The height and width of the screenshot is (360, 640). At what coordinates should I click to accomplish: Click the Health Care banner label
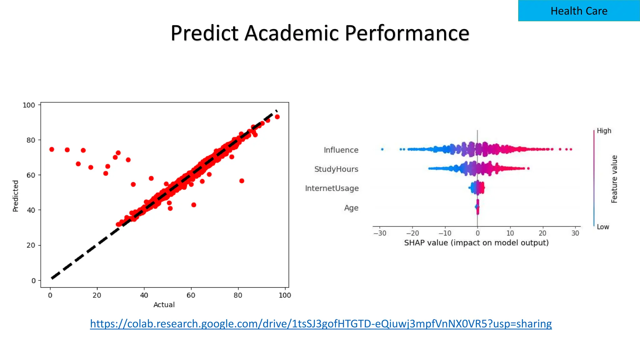579,11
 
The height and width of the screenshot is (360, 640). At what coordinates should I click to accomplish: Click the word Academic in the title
291,33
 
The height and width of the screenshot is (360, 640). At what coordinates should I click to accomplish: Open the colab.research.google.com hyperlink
321,323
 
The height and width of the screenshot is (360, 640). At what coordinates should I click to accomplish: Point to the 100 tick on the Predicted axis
29,105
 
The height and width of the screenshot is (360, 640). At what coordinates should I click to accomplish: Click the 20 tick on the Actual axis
97,295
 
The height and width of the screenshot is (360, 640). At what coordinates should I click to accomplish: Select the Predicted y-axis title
15,196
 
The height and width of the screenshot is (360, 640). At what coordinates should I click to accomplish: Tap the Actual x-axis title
164,305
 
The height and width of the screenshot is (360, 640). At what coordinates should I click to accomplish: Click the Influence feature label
341,150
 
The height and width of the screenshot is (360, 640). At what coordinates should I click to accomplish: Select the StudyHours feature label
336,169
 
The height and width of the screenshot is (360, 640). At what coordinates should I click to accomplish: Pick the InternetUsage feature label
332,188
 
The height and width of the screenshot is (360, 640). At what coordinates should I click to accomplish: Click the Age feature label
351,208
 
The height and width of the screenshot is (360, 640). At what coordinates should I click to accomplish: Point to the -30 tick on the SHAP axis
380,233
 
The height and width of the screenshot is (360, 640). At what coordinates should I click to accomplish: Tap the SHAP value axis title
476,243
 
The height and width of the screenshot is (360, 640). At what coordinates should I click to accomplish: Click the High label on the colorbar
604,131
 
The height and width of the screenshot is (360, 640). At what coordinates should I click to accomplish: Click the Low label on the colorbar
603,227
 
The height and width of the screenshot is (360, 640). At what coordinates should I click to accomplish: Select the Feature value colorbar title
614,179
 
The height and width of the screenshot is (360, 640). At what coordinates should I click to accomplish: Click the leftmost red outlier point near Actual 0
52,149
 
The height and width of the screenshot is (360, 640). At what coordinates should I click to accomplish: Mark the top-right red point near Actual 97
277,117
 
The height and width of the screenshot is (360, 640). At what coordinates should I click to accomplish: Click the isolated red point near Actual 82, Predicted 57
242,181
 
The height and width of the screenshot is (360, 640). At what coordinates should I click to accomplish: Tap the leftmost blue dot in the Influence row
382,149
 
